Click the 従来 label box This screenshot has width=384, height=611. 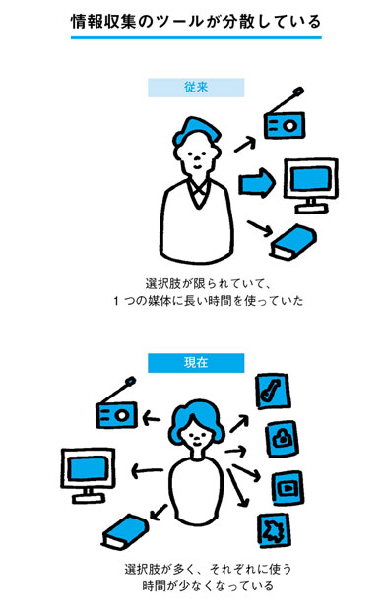196,88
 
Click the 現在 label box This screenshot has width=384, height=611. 196,363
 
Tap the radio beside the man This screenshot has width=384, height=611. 285,117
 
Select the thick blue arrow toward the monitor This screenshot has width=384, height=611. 257,183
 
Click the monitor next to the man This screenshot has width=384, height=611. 311,185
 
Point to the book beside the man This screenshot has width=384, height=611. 293,242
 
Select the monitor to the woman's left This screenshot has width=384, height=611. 88,474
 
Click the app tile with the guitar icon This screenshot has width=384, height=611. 273,391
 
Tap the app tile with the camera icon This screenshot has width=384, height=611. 283,439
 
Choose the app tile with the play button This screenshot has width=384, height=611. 288,487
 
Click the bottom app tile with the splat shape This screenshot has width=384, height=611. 274,530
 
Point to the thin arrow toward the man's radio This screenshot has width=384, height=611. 245,145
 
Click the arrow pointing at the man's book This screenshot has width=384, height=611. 259,228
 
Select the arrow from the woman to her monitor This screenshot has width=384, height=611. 147,470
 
